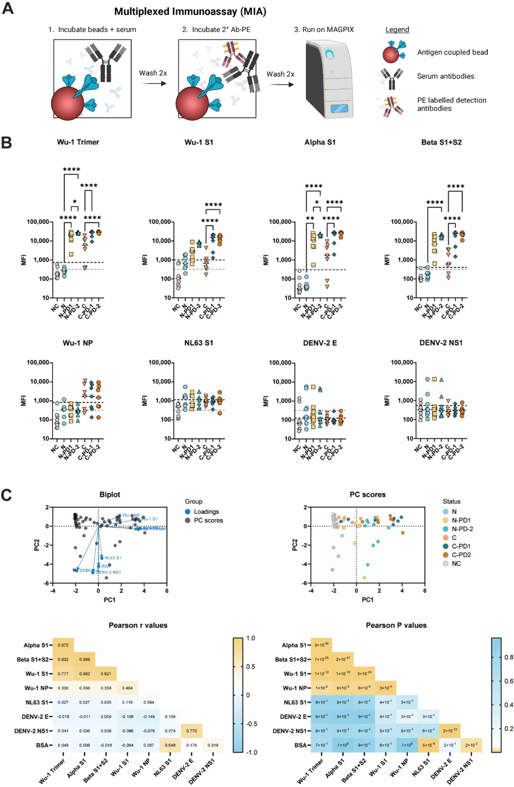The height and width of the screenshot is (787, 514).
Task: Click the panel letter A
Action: [x=8, y=8]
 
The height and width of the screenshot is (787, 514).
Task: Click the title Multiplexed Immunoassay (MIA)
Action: [x=190, y=12]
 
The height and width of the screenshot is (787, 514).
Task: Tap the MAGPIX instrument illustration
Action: [x=329, y=79]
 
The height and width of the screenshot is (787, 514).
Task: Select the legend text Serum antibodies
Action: [x=445, y=76]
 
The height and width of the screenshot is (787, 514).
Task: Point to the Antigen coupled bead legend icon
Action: [x=393, y=52]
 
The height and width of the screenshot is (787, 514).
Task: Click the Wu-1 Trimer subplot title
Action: [x=78, y=142]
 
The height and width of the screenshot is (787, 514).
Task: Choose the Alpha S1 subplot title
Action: [x=320, y=142]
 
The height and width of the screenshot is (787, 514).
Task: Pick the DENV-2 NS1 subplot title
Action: [x=441, y=343]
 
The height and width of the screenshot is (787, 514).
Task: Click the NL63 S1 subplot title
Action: [x=199, y=343]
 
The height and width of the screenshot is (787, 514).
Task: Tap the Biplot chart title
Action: [x=109, y=494]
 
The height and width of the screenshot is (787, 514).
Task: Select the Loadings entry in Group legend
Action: [x=206, y=512]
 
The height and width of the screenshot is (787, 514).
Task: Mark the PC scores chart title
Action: [x=367, y=494]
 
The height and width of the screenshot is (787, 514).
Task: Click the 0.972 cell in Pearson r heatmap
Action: [x=63, y=645]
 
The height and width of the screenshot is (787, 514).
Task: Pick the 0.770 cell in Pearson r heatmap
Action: [x=191, y=731]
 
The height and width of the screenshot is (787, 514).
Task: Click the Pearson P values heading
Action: [x=396, y=625]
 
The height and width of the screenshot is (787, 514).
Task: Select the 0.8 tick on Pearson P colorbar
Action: [x=509, y=657]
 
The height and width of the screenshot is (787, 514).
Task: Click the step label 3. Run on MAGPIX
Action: [x=324, y=30]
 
